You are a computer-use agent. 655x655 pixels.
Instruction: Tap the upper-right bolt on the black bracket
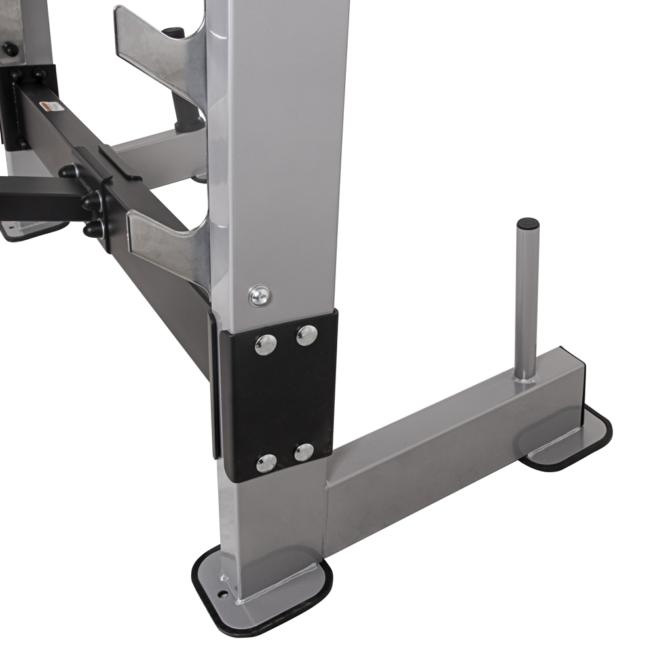307,335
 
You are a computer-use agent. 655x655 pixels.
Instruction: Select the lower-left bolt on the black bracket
266,462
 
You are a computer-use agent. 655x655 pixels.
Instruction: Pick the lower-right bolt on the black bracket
304,452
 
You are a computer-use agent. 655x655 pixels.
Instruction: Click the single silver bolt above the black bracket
260,295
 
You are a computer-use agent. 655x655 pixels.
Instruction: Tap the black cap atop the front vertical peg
528,224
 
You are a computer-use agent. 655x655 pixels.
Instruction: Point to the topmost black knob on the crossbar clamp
68,171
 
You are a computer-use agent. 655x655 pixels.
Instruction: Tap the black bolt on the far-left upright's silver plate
10,49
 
